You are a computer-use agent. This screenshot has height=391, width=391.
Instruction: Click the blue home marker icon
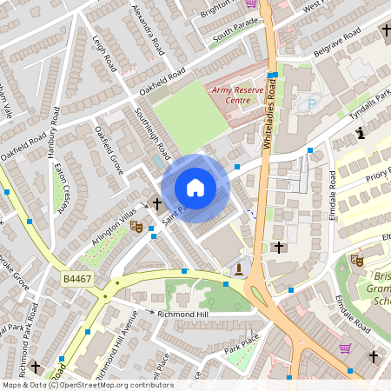click(195, 188)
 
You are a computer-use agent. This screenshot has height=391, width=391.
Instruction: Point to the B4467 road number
click(77, 279)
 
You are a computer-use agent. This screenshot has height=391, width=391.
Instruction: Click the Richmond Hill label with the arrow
click(178, 312)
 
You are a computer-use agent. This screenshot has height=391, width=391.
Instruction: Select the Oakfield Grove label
click(107, 150)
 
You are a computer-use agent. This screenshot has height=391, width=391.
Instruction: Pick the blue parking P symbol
click(312, 103)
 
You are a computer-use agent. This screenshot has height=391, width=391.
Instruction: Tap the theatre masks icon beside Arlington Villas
click(136, 226)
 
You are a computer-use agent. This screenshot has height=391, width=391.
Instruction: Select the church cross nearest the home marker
click(157, 204)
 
